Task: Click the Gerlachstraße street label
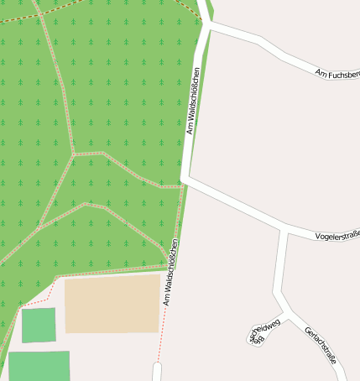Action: [x=321, y=344]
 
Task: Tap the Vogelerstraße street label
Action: [x=337, y=237]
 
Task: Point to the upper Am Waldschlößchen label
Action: [x=193, y=101]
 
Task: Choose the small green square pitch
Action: [x=39, y=325]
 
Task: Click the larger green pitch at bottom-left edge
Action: [x=39, y=366]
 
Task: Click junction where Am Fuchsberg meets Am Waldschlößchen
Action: [x=206, y=25]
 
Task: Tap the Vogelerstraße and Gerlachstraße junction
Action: [x=287, y=230]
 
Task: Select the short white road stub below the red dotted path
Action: [x=156, y=372]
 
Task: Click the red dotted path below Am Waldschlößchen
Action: [x=164, y=323]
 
